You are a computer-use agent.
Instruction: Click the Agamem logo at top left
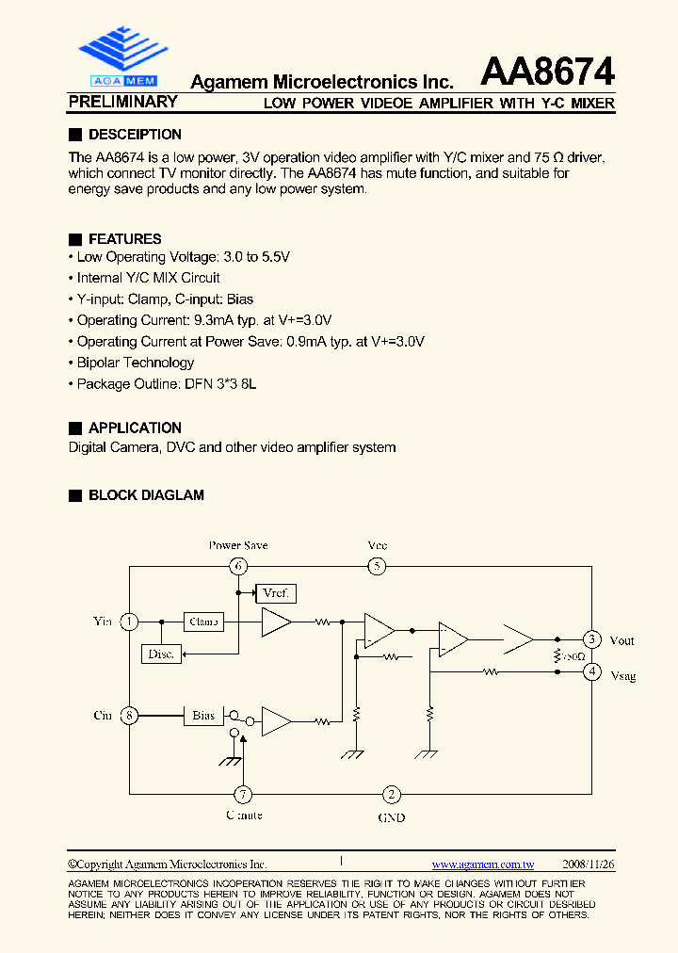pyautogui.click(x=121, y=57)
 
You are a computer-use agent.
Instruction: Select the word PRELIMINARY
pyautogui.click(x=123, y=102)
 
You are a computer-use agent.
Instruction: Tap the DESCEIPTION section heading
pyautogui.click(x=135, y=135)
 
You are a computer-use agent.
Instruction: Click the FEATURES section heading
pyautogui.click(x=124, y=239)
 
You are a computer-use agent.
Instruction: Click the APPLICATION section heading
pyautogui.click(x=135, y=428)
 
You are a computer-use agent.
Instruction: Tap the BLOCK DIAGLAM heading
pyautogui.click(x=146, y=495)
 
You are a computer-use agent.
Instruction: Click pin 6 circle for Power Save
pyautogui.click(x=239, y=566)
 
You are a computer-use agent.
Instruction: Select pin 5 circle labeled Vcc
pyautogui.click(x=377, y=566)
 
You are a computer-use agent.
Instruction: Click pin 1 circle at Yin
pyautogui.click(x=129, y=622)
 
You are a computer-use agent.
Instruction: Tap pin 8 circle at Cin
pyautogui.click(x=129, y=716)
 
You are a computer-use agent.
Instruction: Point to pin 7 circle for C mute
pyautogui.click(x=243, y=793)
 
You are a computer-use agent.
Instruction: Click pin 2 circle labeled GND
pyautogui.click(x=391, y=794)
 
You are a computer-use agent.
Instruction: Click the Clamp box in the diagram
pyautogui.click(x=203, y=622)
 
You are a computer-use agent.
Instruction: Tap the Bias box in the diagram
pyautogui.click(x=203, y=716)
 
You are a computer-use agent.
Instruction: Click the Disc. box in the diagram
pyautogui.click(x=161, y=654)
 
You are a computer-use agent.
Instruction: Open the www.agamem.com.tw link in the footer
pyautogui.click(x=483, y=864)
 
